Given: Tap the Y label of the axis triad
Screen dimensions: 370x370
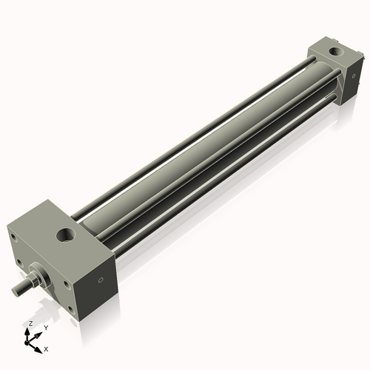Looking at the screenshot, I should [x=45, y=327].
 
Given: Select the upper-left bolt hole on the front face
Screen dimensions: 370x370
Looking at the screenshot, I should [x=13, y=238].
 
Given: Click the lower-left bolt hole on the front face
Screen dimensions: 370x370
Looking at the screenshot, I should [x=18, y=263].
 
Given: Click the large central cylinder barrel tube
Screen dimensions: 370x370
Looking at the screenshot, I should [x=200, y=148].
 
